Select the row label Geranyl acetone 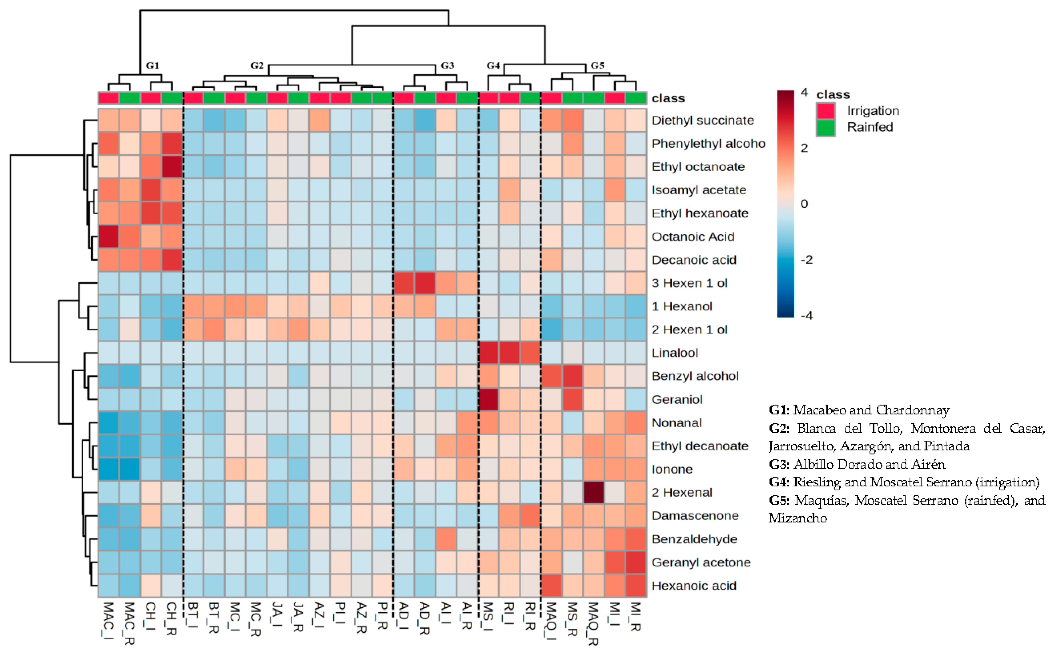(701, 562)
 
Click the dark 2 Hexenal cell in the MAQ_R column (593, 493)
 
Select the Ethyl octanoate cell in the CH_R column (172, 167)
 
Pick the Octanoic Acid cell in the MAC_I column (108, 237)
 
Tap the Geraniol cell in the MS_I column (488, 399)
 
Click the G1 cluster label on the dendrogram (152, 65)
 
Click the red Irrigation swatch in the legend (826, 111)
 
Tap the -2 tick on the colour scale (806, 260)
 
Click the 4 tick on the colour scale (804, 92)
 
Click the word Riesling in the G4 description (817, 482)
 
